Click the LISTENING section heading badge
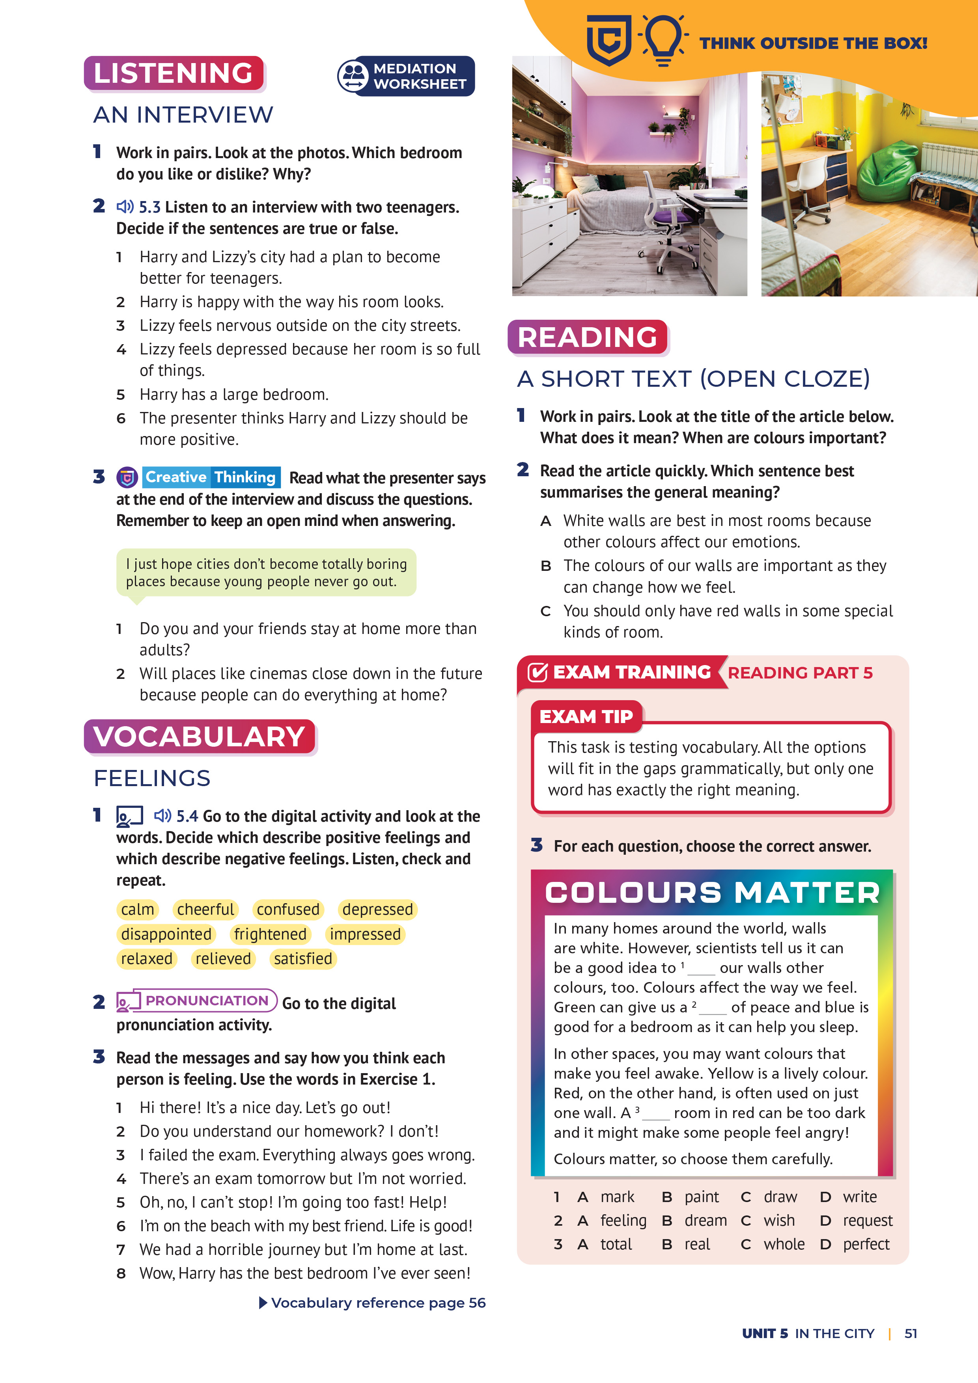pos(174,73)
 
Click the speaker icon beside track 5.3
pos(125,207)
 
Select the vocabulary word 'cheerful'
pos(205,909)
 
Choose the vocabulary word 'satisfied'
pos(302,958)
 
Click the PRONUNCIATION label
pos(206,1001)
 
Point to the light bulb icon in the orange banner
pos(663,39)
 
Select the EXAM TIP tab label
pos(586,716)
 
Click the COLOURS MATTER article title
pos(712,893)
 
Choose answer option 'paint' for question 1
pos(702,1197)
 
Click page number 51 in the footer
pos(911,1334)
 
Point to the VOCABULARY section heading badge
pos(200,737)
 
